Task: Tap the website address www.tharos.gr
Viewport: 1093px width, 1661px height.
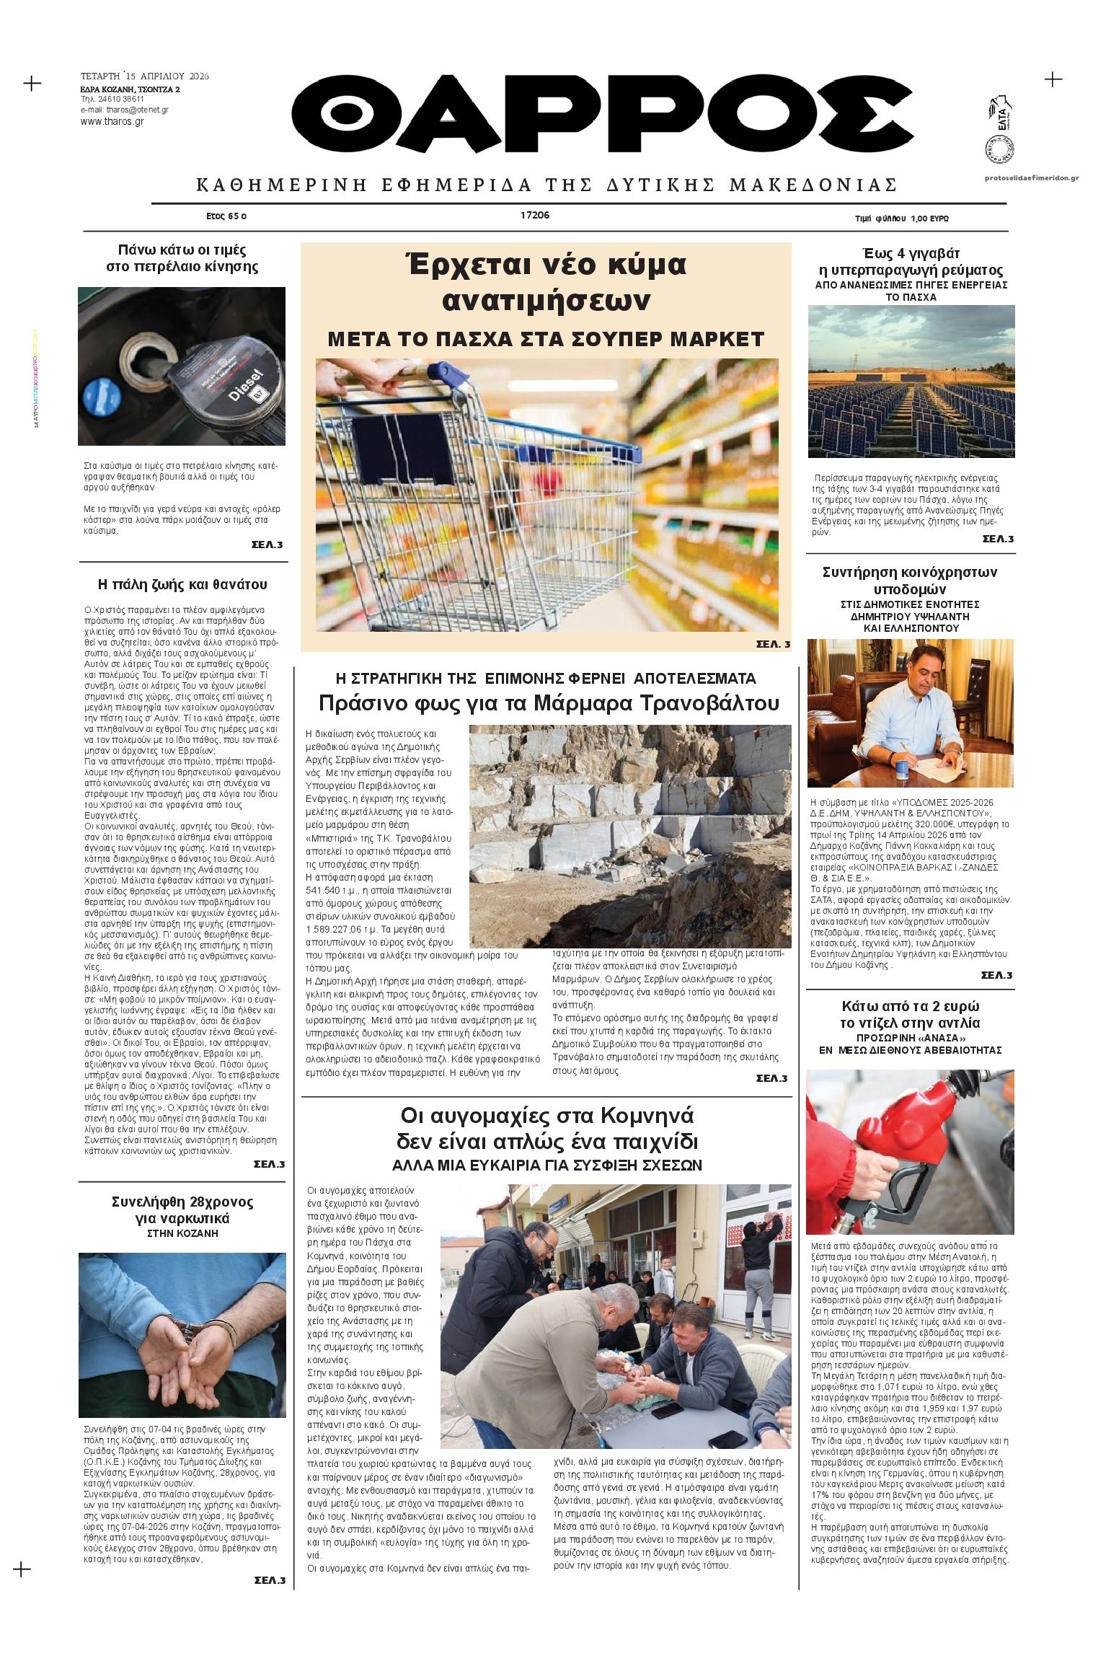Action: tap(112, 122)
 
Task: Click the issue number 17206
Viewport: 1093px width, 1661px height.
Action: tap(534, 215)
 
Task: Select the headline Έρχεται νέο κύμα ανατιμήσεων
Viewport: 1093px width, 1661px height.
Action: tap(546, 282)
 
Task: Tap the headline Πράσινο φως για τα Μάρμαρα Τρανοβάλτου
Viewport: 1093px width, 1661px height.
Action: tap(549, 703)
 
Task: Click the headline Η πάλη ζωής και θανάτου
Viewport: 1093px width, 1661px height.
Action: tap(182, 584)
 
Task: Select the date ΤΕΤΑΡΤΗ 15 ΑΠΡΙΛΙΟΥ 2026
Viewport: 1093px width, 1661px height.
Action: tap(145, 76)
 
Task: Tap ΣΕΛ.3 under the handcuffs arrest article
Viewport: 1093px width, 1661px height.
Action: tap(270, 1580)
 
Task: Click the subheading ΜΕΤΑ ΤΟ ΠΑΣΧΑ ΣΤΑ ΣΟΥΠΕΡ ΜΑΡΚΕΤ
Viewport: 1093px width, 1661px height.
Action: tap(546, 339)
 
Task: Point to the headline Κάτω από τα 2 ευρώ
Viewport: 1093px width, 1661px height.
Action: tap(910, 1006)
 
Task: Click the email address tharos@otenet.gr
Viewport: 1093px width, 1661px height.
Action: tap(124, 110)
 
